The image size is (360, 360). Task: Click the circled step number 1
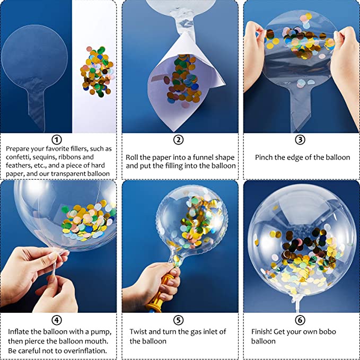tap(58, 140)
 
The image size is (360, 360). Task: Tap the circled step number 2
tap(179, 140)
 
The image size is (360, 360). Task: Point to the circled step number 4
tap(58, 320)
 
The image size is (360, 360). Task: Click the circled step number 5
tap(179, 320)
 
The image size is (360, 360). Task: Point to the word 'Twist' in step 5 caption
tap(139, 332)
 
